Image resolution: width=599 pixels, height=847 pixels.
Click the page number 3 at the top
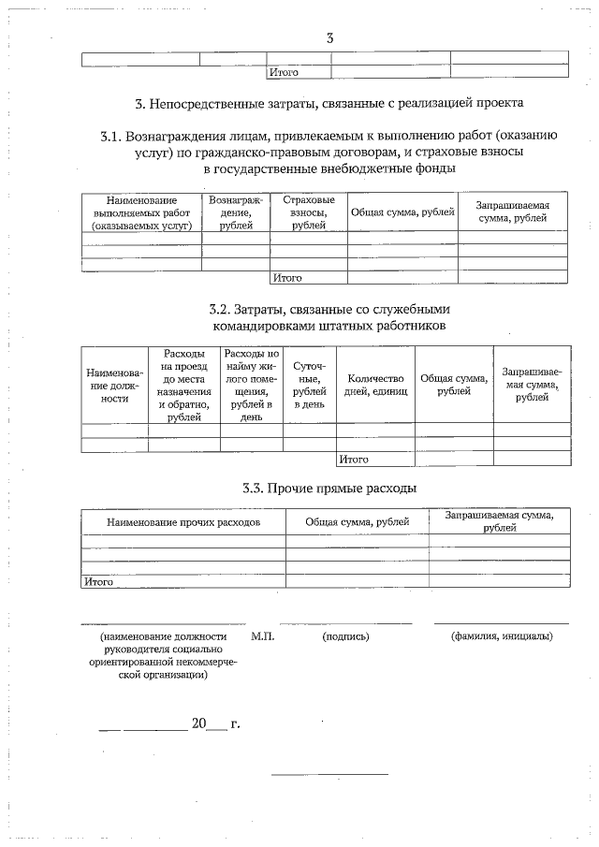pyautogui.click(x=329, y=38)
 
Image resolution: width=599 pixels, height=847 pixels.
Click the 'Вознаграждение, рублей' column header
pyautogui.click(x=236, y=213)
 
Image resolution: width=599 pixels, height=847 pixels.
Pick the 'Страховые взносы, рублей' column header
pyautogui.click(x=308, y=213)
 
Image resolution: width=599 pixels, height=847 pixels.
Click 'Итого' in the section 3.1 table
pyautogui.click(x=286, y=278)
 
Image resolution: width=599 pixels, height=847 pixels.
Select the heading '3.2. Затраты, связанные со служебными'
pyautogui.click(x=329, y=309)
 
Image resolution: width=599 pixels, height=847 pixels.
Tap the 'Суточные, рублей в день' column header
pyautogui.click(x=309, y=385)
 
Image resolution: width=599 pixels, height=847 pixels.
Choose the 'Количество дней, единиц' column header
pyautogui.click(x=374, y=385)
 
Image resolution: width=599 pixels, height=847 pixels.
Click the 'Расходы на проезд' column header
pyautogui.click(x=183, y=385)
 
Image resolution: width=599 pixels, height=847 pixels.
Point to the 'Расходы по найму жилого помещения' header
pyautogui.click(x=251, y=385)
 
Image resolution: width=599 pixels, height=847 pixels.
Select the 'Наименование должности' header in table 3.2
pyautogui.click(x=114, y=385)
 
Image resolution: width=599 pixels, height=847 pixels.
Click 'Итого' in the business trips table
pyautogui.click(x=354, y=460)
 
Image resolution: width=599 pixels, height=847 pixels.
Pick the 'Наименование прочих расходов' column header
pyautogui.click(x=183, y=521)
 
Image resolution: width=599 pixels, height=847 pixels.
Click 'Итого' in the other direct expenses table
pyautogui.click(x=98, y=581)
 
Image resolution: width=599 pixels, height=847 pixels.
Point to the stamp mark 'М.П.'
pyautogui.click(x=263, y=636)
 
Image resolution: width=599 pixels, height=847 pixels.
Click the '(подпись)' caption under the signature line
pyautogui.click(x=345, y=636)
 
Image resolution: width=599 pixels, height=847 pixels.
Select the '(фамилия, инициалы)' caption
pyautogui.click(x=501, y=636)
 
